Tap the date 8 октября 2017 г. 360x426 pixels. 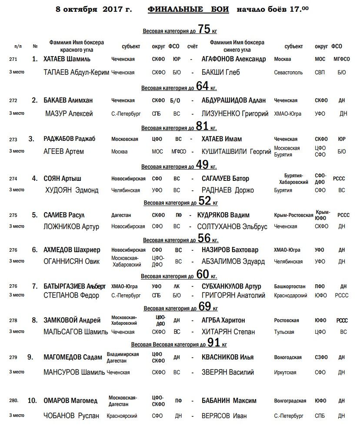click(92, 9)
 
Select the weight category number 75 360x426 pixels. click(204, 29)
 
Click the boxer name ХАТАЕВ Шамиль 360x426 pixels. click(67, 59)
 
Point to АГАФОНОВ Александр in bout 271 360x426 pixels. click(233, 59)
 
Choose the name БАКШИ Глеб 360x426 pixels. click(220, 72)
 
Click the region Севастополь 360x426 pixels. click(288, 73)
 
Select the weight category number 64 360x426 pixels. click(203, 86)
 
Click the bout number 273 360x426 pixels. click(13, 139)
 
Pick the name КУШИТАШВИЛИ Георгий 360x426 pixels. click(237, 152)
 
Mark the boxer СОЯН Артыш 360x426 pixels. click(62, 178)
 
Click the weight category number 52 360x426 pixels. click(205, 201)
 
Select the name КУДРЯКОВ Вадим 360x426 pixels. click(223, 215)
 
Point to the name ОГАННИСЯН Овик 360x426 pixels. click(72, 261)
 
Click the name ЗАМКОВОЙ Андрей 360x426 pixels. click(72, 320)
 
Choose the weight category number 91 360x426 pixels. click(213, 343)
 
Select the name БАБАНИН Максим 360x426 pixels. click(229, 401)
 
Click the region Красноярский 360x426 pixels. click(122, 416)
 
